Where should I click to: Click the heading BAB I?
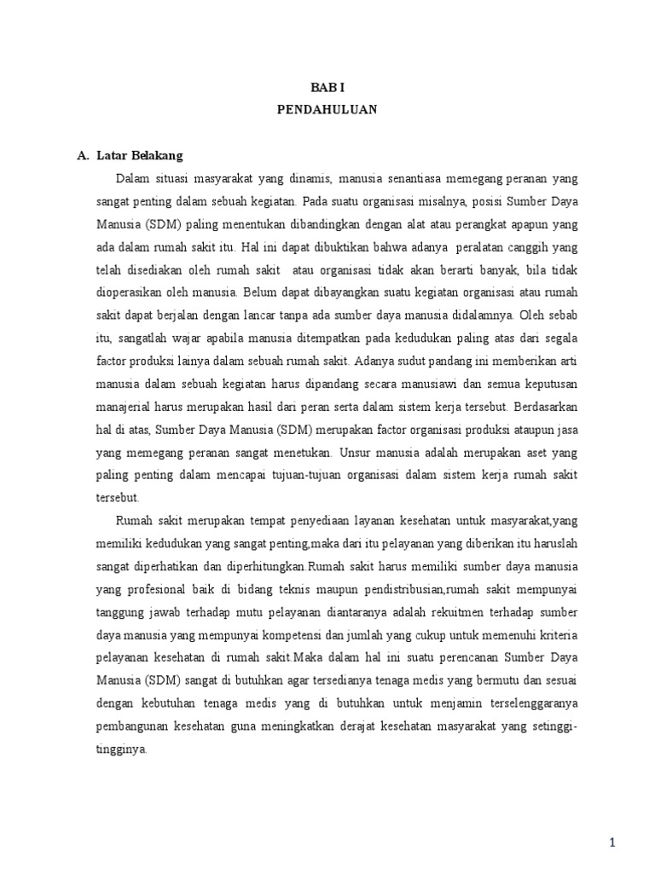click(x=327, y=87)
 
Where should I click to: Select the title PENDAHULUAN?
click(x=327, y=110)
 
